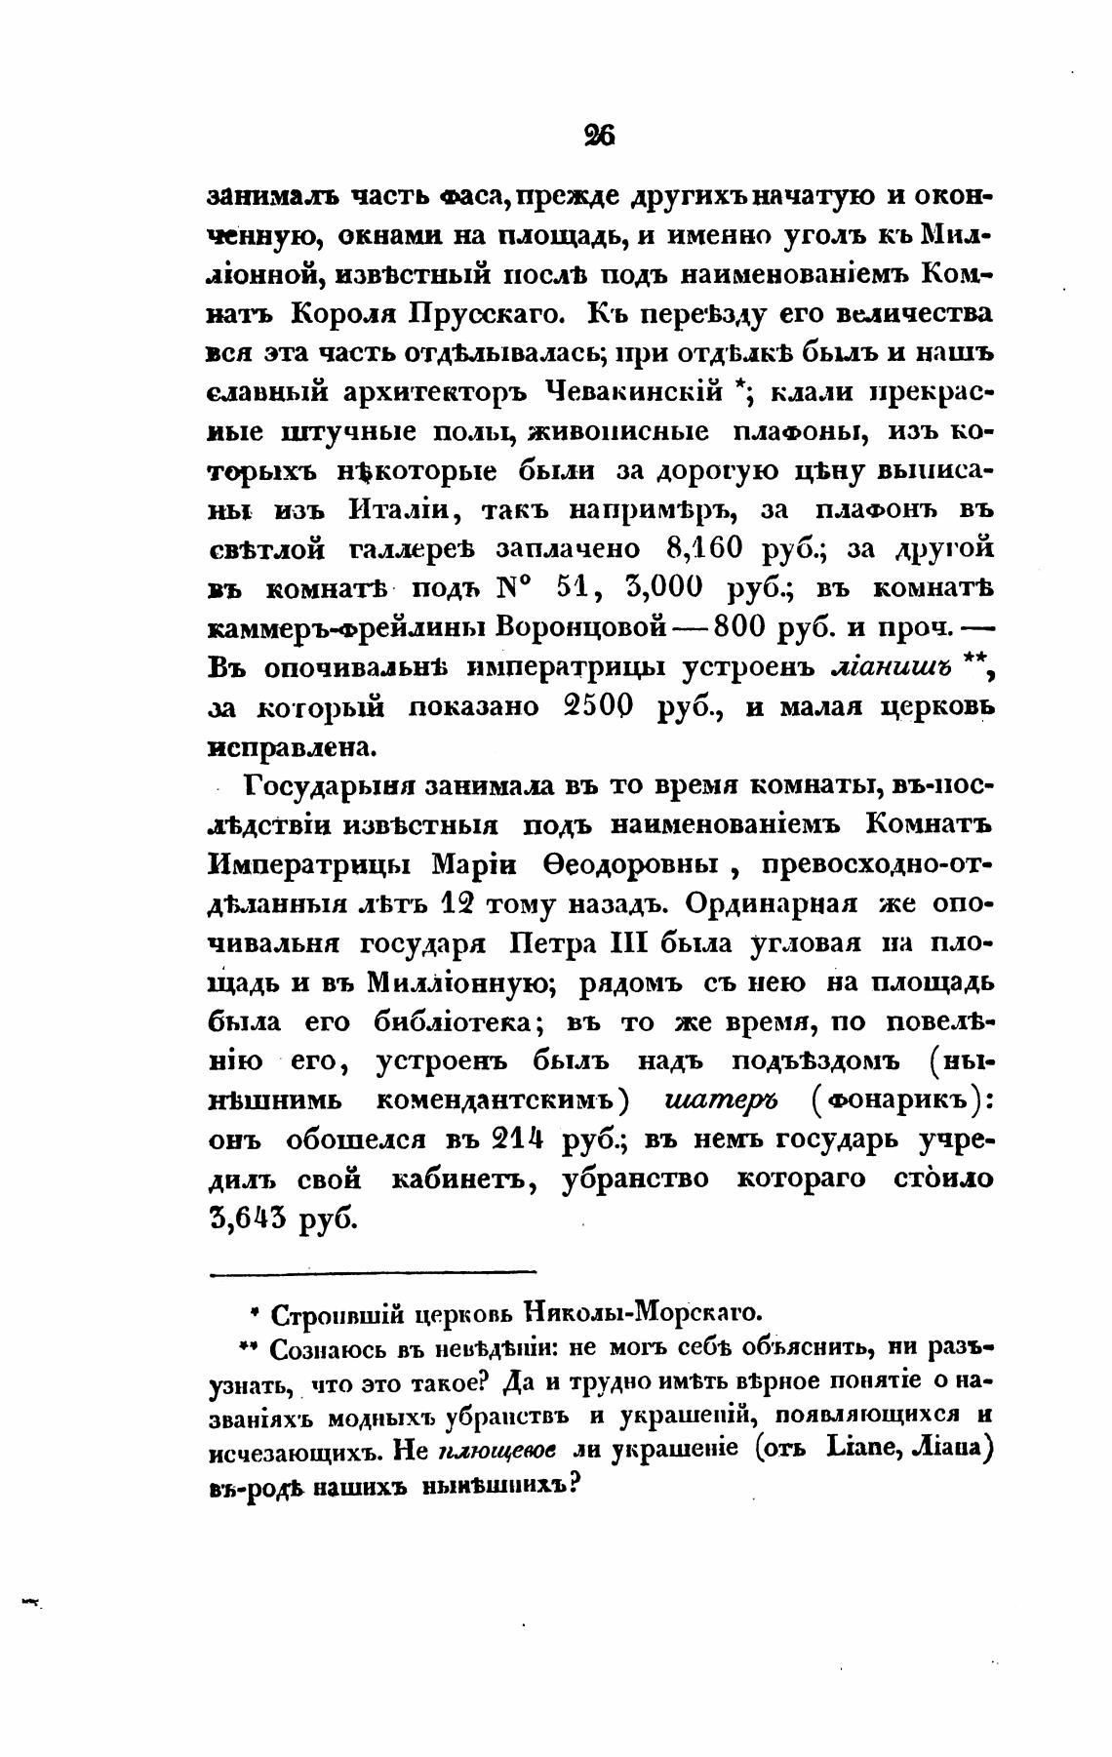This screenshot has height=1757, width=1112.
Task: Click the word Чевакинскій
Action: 635,392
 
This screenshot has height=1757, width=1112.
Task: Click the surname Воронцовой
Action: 581,627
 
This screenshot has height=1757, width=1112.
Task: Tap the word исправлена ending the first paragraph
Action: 278,747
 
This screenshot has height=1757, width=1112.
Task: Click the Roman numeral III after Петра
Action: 636,944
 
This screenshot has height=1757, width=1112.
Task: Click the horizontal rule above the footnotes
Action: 373,1270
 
